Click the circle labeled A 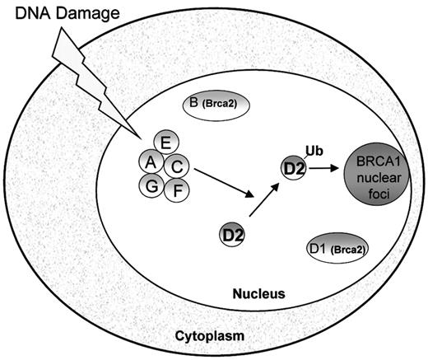[x=151, y=161]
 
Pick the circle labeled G [x=151, y=188]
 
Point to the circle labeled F [x=176, y=190]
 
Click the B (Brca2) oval [x=214, y=105]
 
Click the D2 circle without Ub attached [x=232, y=235]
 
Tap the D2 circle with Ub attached [x=295, y=168]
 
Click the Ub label [x=314, y=150]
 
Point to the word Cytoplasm [x=207, y=337]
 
